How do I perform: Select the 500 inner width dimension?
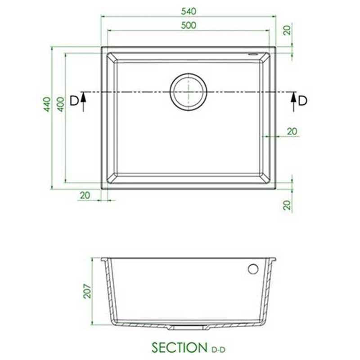pos(188,25)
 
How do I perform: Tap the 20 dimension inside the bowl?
pos(292,131)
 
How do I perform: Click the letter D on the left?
pos(74,100)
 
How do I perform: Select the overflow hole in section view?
pos(253,269)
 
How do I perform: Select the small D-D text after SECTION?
pos(218,349)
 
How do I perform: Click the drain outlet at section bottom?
pos(188,328)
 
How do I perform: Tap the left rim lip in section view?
pos(104,260)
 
